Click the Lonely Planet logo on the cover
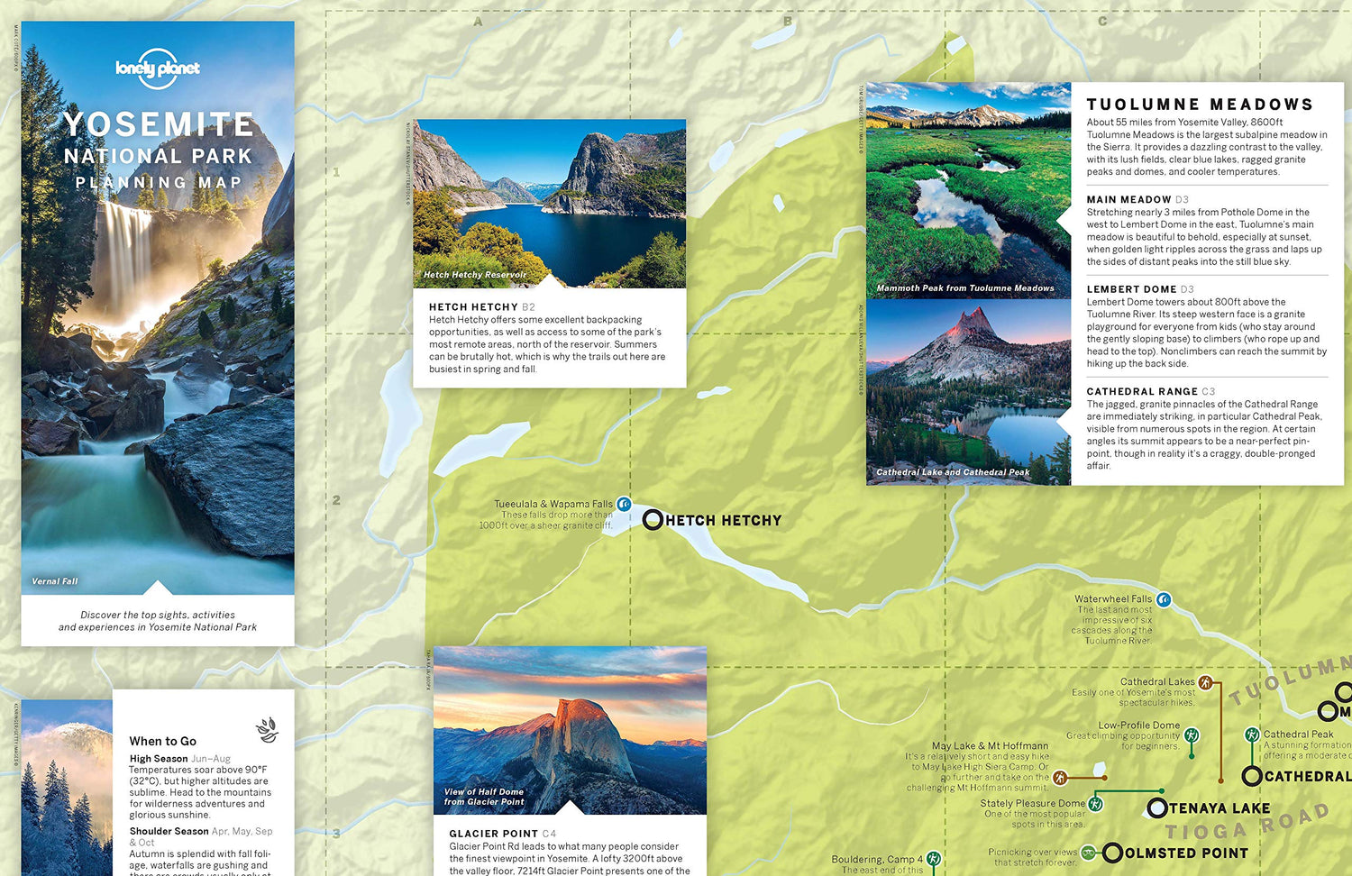(158, 68)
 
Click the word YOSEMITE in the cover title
(158, 124)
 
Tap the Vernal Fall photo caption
(55, 581)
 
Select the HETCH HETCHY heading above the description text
(473, 307)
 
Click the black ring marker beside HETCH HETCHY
(653, 520)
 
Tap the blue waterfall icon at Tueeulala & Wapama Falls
(624, 505)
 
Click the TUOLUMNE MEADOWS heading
(1200, 105)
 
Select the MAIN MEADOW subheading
(1128, 199)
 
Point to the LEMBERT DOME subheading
(1131, 289)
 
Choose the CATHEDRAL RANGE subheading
(1142, 391)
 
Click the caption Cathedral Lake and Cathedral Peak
(953, 472)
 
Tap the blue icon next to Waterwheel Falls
(1164, 599)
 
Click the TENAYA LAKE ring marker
(1157, 808)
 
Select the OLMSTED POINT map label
(1186, 853)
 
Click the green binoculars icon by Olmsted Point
(1089, 852)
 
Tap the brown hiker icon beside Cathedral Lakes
(1206, 682)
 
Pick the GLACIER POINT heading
(493, 834)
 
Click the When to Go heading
(162, 741)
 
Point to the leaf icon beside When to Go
(267, 729)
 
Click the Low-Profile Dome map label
(1138, 725)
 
